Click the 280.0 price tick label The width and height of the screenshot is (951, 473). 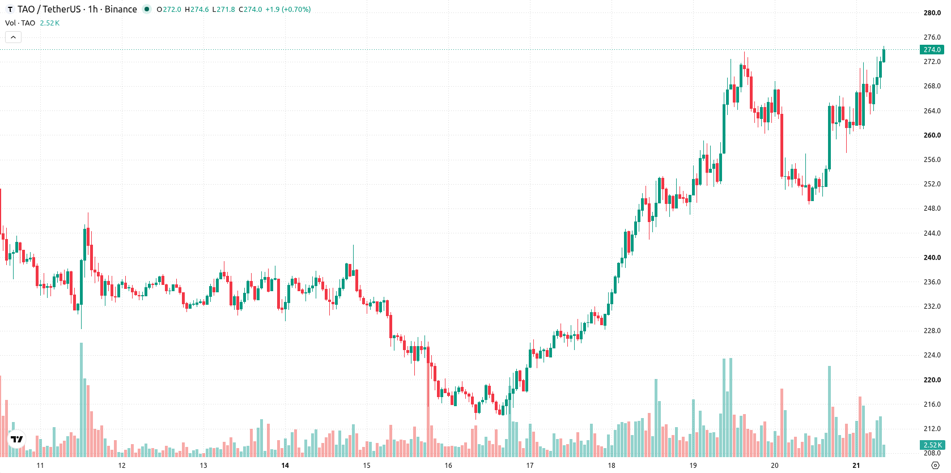[932, 12]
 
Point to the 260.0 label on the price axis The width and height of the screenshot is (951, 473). [932, 135]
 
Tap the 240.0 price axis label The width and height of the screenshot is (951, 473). [932, 258]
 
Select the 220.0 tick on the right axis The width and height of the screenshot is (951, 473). [932, 380]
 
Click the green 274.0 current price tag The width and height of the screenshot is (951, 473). [932, 50]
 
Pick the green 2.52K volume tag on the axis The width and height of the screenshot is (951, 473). [932, 445]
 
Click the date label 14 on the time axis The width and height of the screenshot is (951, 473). [285, 466]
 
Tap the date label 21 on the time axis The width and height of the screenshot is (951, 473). [856, 466]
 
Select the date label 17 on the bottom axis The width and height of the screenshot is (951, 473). [530, 466]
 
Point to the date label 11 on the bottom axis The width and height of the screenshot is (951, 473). [40, 466]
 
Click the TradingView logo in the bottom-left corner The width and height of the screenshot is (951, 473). [17, 439]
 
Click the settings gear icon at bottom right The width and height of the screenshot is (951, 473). [935, 466]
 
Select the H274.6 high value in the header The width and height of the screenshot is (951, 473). [197, 9]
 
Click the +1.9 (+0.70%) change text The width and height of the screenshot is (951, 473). [288, 9]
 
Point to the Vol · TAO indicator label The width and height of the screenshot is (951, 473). [20, 23]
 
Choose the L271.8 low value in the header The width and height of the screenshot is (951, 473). [224, 9]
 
